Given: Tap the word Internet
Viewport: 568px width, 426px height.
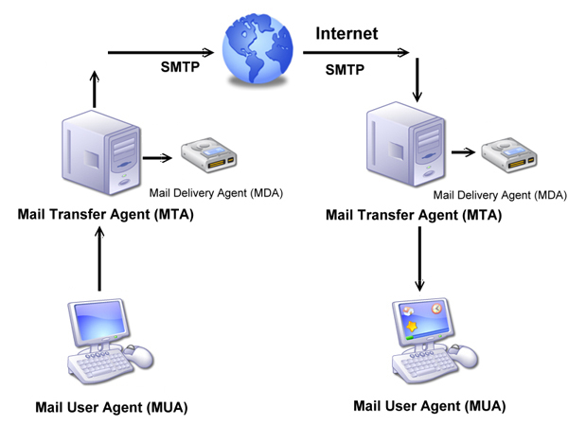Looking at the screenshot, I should (346, 34).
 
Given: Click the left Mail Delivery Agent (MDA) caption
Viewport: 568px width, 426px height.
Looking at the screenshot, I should (217, 193).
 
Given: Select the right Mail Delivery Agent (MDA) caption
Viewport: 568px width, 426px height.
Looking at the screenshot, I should (500, 195).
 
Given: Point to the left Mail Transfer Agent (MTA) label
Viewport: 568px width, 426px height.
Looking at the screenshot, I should (105, 214).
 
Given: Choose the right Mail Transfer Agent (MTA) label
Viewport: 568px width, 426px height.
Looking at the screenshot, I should (413, 215).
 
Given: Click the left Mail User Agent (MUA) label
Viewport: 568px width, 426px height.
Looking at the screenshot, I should (111, 408).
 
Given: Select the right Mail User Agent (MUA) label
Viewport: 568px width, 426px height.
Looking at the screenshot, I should (429, 406).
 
